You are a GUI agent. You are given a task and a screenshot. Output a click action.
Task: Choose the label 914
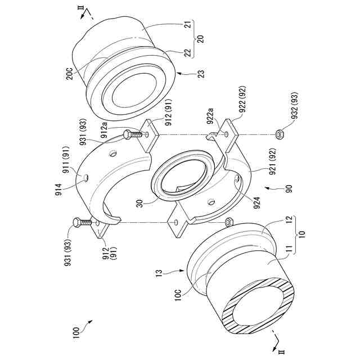click(x=57, y=188)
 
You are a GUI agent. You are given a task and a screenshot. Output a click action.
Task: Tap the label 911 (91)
click(x=69, y=165)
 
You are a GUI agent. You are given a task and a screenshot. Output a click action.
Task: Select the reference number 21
click(x=188, y=25)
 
